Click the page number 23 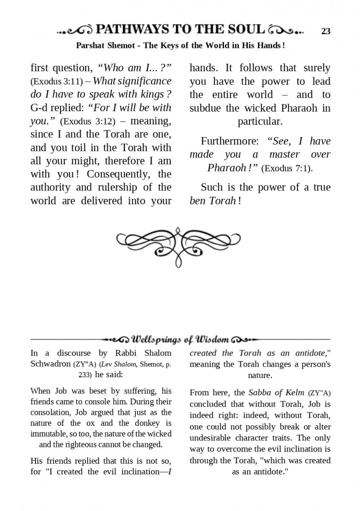click(326, 31)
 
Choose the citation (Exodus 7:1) click(287, 168)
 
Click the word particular click(260, 121)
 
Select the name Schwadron click(50, 364)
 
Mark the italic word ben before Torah click(197, 201)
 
